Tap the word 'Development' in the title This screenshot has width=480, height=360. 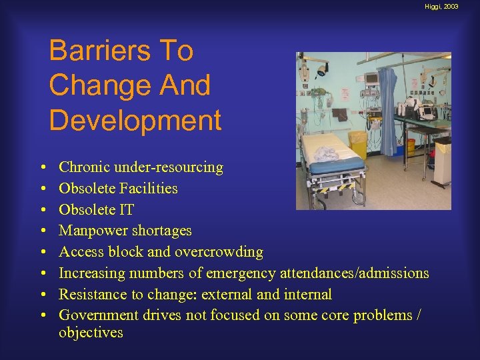click(135, 120)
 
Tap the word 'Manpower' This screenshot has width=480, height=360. click(90, 231)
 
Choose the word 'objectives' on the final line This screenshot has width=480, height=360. click(91, 333)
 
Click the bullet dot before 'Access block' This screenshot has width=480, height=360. click(43, 253)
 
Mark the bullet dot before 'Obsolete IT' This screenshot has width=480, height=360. click(43, 210)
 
